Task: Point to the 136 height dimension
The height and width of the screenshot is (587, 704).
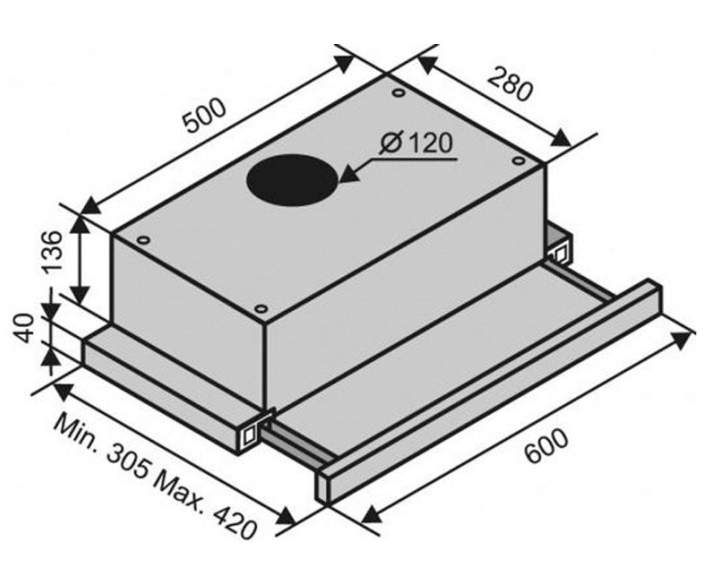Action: (x=55, y=251)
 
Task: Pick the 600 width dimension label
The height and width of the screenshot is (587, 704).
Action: (x=546, y=446)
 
